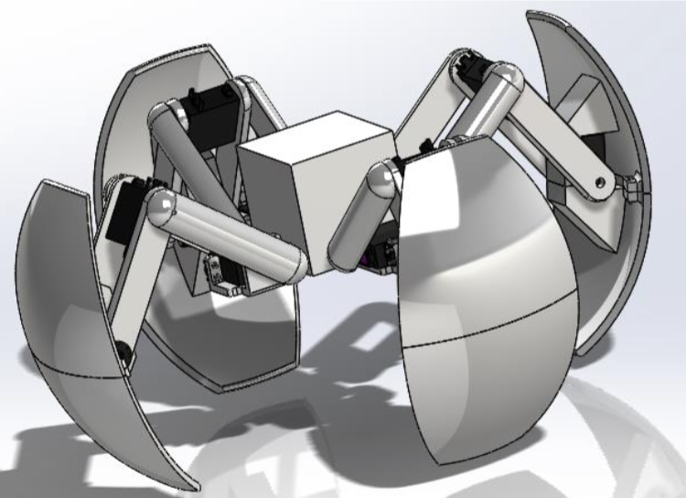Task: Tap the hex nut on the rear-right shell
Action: tap(632, 189)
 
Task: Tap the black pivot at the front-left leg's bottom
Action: tap(123, 351)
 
